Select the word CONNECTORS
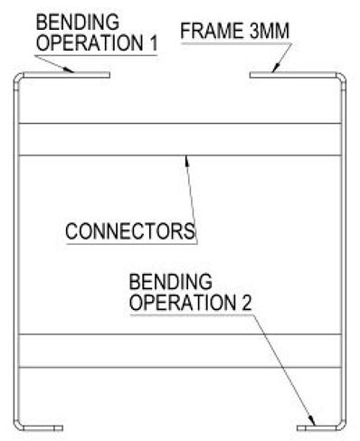[130, 230]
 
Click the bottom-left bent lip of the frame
[42, 427]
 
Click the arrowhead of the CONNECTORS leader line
[185, 160]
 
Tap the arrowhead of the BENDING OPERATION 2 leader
[312, 420]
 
